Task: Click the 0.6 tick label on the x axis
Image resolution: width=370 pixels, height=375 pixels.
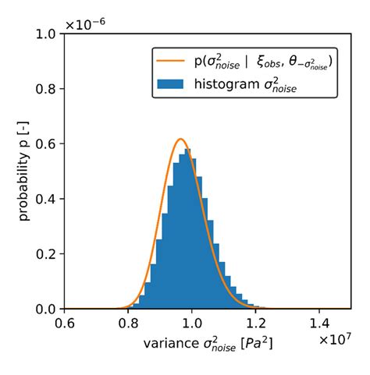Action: pos(67,322)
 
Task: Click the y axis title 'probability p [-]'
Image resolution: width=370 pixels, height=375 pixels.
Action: pos(25,172)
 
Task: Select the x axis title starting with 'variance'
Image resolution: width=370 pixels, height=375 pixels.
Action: pos(208,343)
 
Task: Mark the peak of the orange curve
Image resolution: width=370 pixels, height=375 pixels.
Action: pos(181,139)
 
